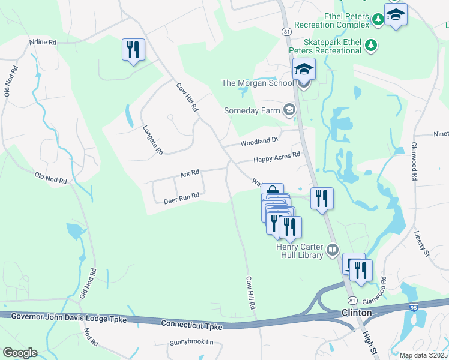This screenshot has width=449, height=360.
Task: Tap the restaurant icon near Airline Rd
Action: [133, 50]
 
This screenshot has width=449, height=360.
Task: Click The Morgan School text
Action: [258, 83]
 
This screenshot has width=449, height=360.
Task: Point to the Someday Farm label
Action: [252, 110]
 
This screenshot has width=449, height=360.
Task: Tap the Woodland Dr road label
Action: [260, 142]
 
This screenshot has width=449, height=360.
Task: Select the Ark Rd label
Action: [189, 174]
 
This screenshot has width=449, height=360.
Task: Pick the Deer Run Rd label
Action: [181, 196]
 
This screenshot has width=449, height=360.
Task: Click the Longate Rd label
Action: [153, 140]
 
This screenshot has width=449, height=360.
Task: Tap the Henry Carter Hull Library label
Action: [300, 250]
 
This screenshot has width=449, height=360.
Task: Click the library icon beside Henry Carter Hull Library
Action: [333, 248]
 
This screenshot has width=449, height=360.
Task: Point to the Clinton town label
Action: [357, 313]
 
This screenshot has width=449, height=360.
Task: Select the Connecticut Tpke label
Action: [192, 325]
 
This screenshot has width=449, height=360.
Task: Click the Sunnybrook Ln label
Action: [191, 342]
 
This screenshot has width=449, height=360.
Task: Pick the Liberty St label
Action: [422, 241]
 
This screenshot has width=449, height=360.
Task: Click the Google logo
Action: [19, 353]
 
